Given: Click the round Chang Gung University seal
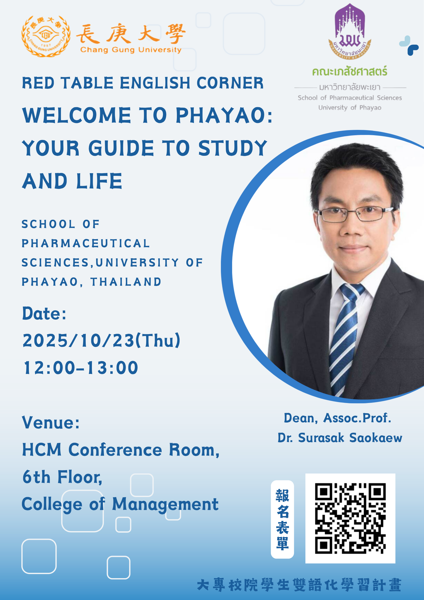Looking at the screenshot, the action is pyautogui.click(x=46, y=36).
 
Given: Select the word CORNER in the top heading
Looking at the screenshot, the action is pyautogui.click(x=230, y=83).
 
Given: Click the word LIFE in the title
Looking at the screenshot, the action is pyautogui.click(x=99, y=181).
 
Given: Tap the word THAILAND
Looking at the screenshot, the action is pyautogui.click(x=126, y=282).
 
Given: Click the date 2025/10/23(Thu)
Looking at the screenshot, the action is pyautogui.click(x=102, y=340).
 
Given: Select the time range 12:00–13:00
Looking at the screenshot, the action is pyautogui.click(x=81, y=368).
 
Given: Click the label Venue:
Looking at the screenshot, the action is pyautogui.click(x=51, y=423).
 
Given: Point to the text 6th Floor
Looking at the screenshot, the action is pyautogui.click(x=62, y=477).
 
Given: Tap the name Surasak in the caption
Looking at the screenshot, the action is pyautogui.click(x=321, y=438).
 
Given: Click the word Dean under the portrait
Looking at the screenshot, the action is pyautogui.click(x=301, y=418).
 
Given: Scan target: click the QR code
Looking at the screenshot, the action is pyautogui.click(x=350, y=518).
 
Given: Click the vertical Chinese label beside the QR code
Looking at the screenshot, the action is pyautogui.click(x=282, y=519).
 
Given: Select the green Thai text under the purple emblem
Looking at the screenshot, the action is pyautogui.click(x=350, y=71).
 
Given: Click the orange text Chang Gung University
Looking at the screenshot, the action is pyautogui.click(x=131, y=50).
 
